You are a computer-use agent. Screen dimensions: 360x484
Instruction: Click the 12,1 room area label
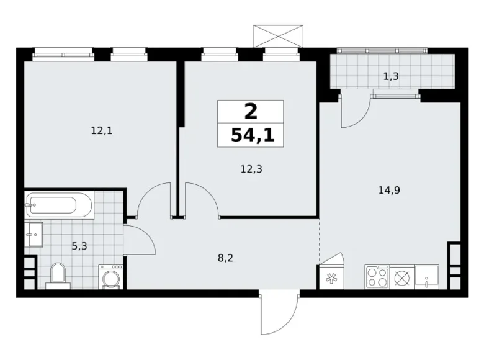[x=102, y=131]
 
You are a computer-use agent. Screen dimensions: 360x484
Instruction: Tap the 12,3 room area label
[x=251, y=168]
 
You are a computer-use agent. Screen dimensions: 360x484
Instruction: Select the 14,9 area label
[x=388, y=191]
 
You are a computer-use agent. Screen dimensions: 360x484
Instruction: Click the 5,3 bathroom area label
[x=79, y=246]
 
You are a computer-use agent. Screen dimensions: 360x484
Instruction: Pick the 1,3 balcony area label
[x=391, y=77]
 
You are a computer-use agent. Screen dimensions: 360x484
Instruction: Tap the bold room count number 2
[x=250, y=112]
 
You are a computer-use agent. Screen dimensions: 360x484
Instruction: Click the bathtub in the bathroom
[x=59, y=204]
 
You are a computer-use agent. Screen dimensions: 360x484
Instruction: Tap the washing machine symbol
[x=110, y=277]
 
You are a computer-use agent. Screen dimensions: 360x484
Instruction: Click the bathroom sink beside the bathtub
[x=34, y=235]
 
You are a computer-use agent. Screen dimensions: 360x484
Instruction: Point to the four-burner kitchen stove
[x=377, y=276]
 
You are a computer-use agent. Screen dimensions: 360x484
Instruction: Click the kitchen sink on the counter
[x=427, y=276]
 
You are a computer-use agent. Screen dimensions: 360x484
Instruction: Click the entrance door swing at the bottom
[x=276, y=313]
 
